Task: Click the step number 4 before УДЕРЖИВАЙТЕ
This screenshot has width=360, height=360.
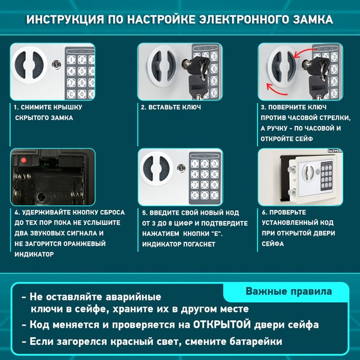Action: (x=16, y=212)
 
